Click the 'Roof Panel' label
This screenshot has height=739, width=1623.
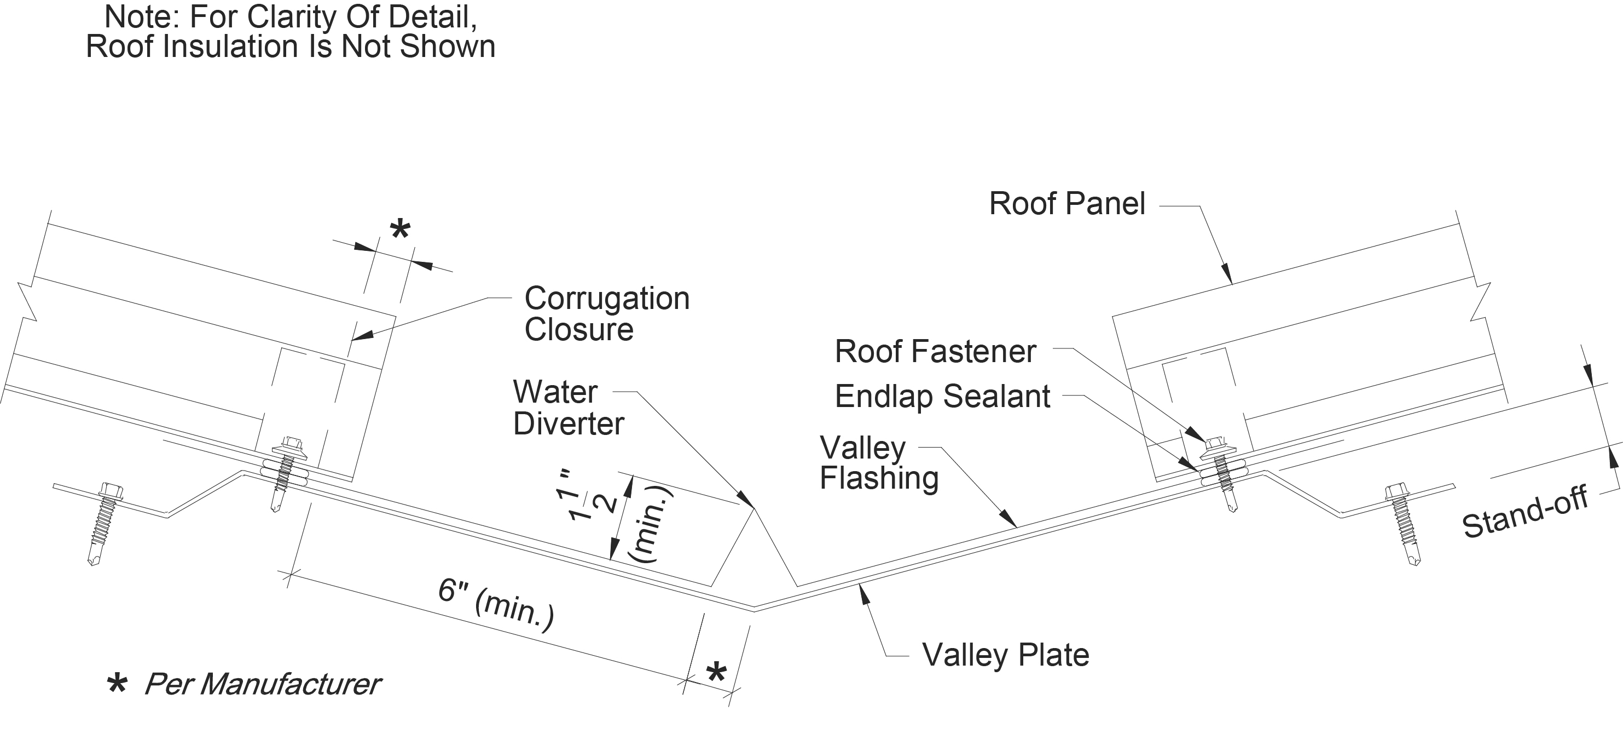(x=1066, y=204)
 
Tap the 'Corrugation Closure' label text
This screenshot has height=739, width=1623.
(x=606, y=313)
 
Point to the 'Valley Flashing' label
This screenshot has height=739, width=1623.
(x=878, y=463)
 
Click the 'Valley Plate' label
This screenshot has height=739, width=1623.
(x=1006, y=655)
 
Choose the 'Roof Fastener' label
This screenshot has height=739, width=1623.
(x=935, y=351)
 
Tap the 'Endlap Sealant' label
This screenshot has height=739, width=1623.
(x=942, y=397)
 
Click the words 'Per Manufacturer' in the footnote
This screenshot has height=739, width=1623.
(x=262, y=684)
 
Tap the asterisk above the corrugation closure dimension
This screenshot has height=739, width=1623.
(x=400, y=230)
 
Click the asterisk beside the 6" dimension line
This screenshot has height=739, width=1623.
(x=716, y=673)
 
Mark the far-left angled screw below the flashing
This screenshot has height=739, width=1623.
(x=105, y=523)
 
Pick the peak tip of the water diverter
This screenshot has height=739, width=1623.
(x=753, y=508)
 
